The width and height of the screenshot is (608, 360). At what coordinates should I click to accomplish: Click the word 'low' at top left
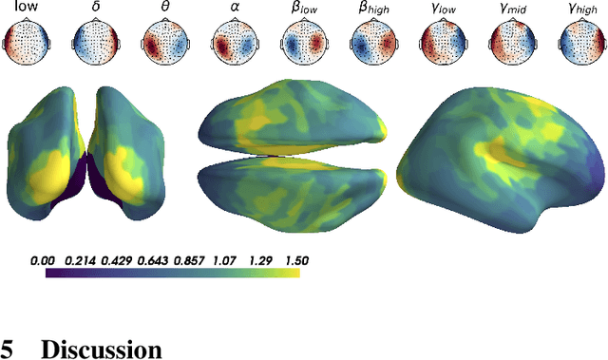tap(25, 12)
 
